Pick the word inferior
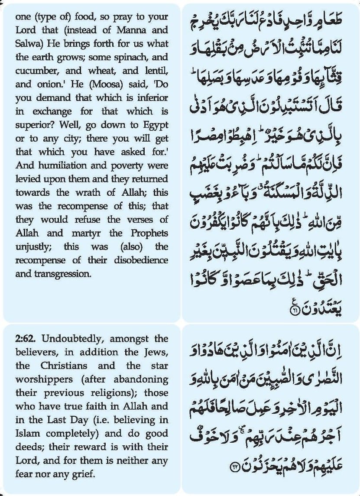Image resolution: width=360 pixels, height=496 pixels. pyautogui.click(x=150, y=98)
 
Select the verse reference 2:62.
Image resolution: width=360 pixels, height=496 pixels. pyautogui.click(x=26, y=338)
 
